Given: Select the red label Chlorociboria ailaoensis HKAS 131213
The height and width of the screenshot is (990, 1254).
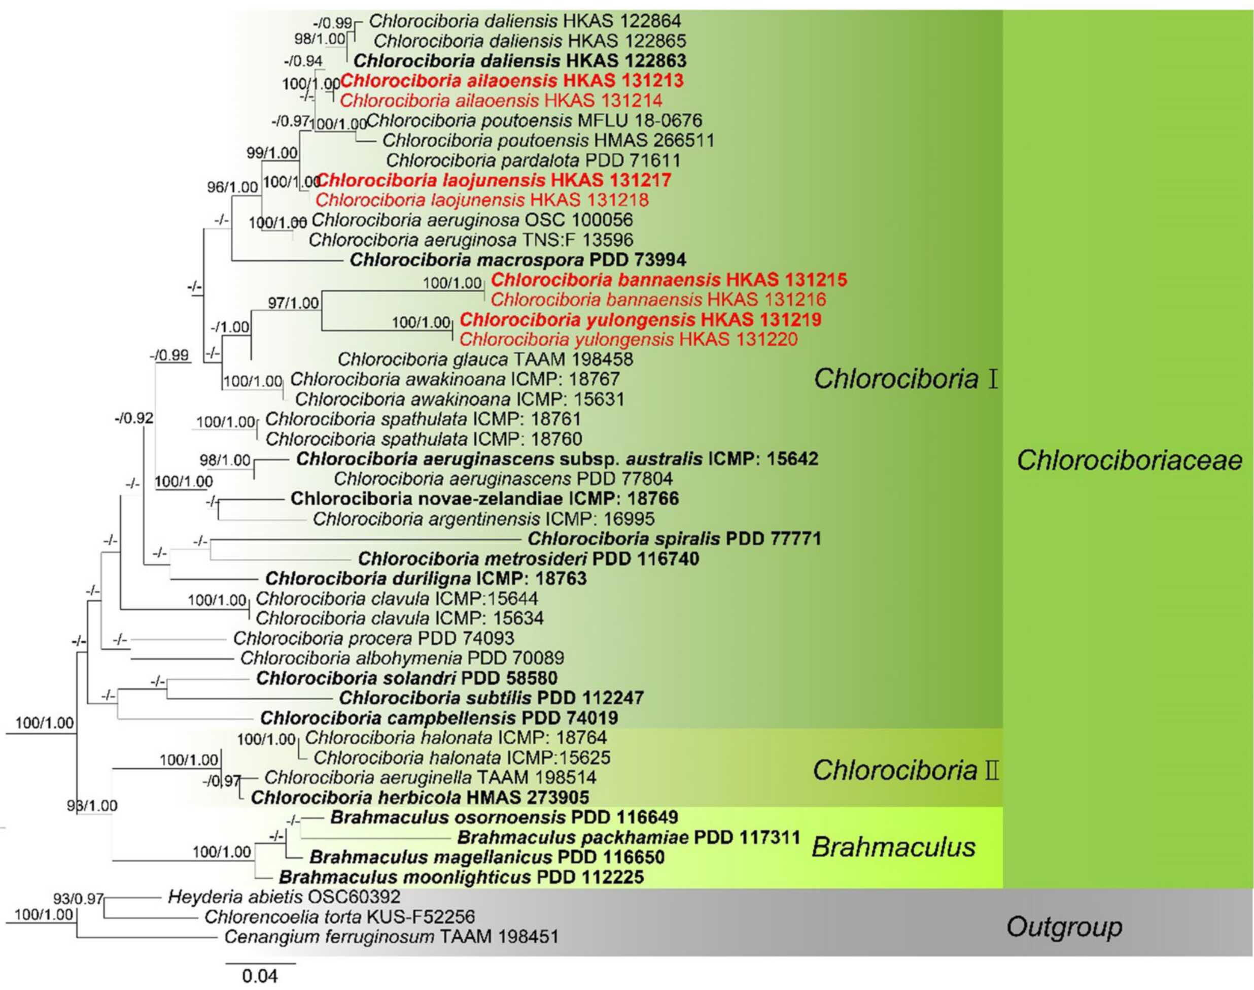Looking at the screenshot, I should [x=512, y=80].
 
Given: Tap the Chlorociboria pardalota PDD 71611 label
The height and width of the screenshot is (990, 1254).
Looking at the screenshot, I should [x=533, y=160].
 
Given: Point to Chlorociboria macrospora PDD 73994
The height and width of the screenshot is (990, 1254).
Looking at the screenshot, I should [x=518, y=259].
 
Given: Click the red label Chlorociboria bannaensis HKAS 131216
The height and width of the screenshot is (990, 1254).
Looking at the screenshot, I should [x=658, y=300].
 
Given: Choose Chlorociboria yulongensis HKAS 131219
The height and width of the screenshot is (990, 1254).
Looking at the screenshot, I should [x=640, y=319].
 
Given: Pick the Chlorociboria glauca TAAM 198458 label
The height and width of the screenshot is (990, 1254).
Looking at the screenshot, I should [x=485, y=359].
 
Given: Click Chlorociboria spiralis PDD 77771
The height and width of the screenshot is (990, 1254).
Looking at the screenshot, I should [x=674, y=539].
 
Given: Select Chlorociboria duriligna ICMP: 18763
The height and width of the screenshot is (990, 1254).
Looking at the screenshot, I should [x=426, y=578].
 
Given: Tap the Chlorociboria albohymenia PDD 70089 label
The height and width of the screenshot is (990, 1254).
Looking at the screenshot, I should [x=402, y=658].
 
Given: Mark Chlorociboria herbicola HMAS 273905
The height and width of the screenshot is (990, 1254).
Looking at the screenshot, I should [x=420, y=797].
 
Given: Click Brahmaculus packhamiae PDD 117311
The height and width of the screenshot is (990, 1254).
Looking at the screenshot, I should [x=629, y=837].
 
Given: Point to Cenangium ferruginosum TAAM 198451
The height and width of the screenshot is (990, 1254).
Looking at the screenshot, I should [x=391, y=937].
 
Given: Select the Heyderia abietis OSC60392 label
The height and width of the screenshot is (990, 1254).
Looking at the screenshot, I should [x=284, y=897].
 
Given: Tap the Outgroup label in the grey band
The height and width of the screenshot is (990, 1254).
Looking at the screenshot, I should [x=1064, y=926].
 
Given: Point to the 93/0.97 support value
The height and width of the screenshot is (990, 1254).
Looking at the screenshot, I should [x=78, y=899].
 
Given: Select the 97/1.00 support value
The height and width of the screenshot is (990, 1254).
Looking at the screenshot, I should [x=293, y=303].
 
